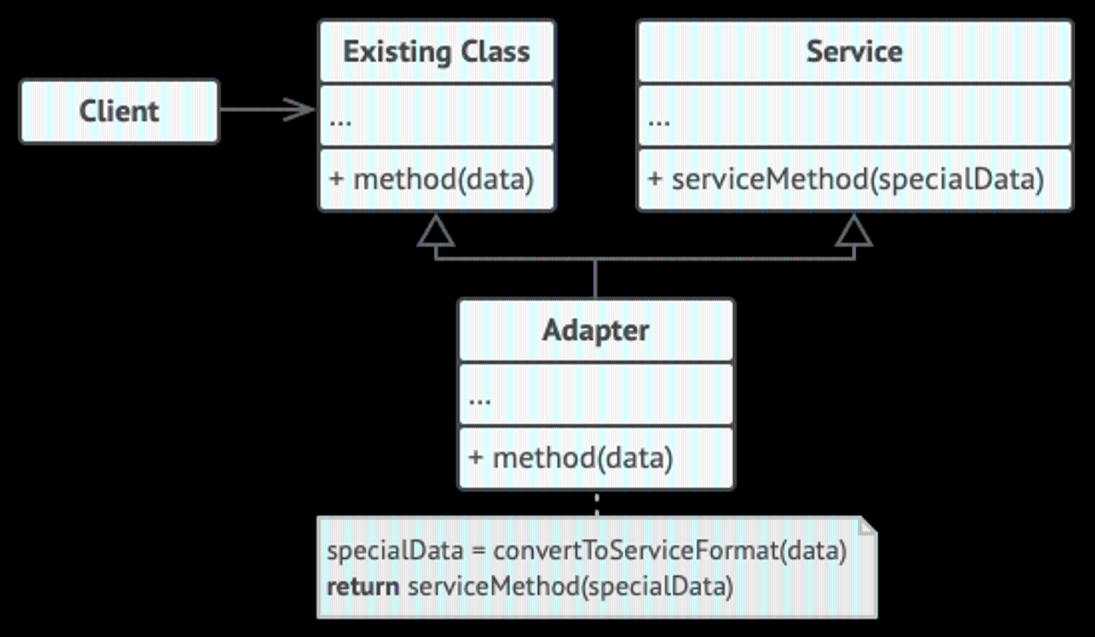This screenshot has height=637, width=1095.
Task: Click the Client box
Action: pos(119,112)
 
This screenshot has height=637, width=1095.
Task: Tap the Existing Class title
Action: pos(436,53)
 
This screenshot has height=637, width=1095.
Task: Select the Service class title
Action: pos(854,51)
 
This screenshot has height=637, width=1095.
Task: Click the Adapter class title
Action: pos(596,331)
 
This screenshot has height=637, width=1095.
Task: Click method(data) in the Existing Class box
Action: pos(443,179)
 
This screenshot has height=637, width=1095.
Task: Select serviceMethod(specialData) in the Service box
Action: pos(858,179)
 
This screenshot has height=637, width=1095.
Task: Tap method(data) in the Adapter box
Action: pos(583,458)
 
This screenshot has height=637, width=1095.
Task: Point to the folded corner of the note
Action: pos(868,525)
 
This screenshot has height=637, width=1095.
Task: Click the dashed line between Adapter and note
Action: pos(596,503)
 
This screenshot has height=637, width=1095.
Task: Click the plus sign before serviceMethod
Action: pos(655,179)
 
